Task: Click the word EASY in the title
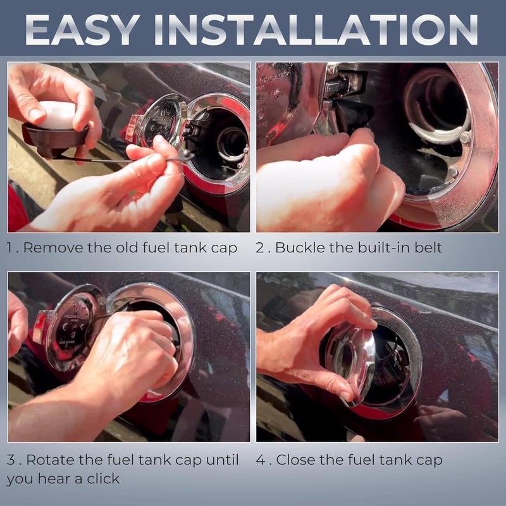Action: [82, 29]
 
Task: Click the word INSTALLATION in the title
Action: [316, 29]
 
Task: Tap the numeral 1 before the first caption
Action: [9, 248]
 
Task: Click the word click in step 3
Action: [103, 478]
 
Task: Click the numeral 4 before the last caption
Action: [261, 460]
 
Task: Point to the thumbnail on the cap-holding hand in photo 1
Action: [37, 114]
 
